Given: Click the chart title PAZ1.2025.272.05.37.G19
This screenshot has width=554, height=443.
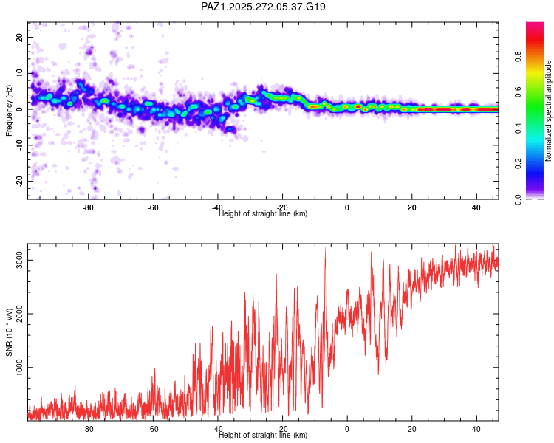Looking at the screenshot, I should (x=263, y=7).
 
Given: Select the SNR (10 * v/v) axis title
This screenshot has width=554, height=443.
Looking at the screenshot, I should (x=10, y=332).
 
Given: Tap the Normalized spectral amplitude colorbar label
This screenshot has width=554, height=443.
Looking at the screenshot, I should (x=549, y=111).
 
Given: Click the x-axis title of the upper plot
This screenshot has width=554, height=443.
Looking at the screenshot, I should (x=263, y=213).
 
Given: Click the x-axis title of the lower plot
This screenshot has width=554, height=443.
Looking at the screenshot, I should (x=263, y=435).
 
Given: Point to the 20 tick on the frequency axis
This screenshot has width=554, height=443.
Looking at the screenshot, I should (x=20, y=37).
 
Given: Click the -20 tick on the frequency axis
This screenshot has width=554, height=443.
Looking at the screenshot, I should (x=20, y=181).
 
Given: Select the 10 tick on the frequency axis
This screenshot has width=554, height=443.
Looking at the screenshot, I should (x=20, y=73).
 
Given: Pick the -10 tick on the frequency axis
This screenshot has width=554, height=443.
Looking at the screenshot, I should (x=20, y=145).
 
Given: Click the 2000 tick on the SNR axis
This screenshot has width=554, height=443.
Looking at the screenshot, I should (x=20, y=314).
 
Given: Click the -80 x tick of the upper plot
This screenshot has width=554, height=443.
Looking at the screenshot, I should (x=88, y=207).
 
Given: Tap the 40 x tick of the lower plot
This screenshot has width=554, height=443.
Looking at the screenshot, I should (x=476, y=429).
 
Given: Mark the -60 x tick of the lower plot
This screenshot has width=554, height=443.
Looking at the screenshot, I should (x=152, y=429).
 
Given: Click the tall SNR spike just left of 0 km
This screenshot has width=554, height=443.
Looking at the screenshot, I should (x=326, y=250).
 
